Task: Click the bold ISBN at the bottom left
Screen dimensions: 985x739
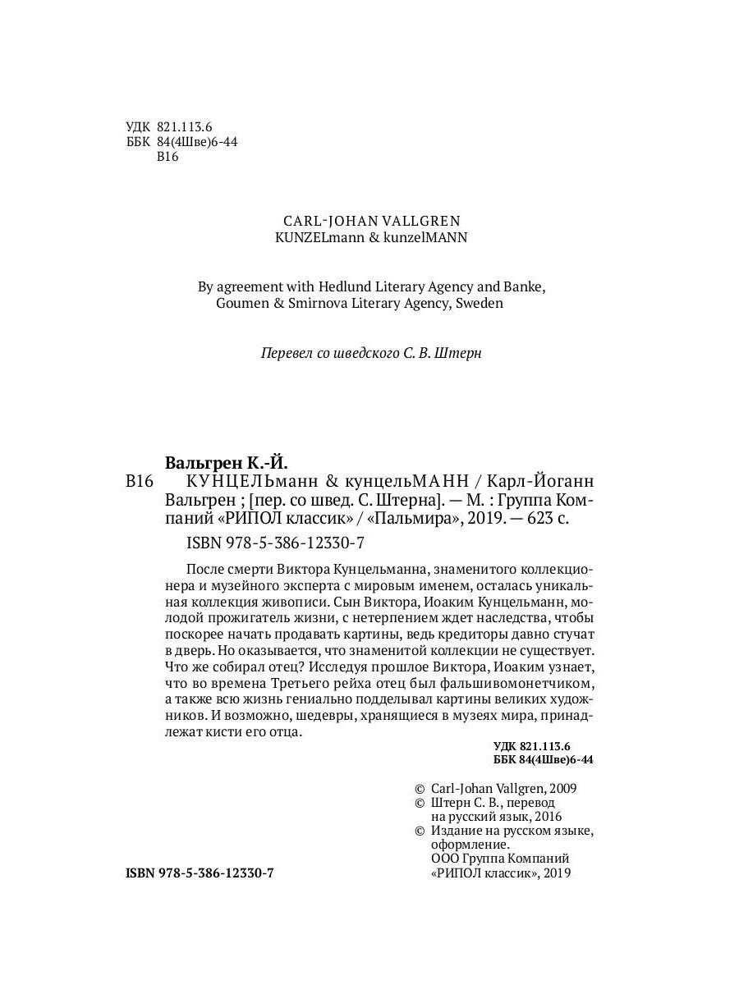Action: click(200, 874)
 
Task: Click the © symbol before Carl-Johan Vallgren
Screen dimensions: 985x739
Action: click(420, 788)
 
